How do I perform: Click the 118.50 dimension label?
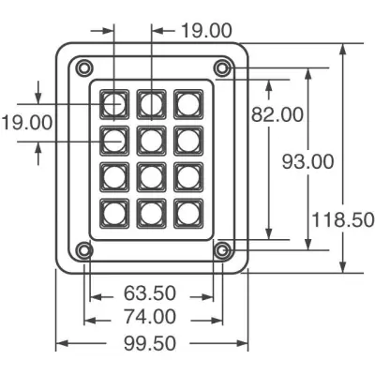(343, 219)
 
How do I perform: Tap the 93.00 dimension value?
(308, 162)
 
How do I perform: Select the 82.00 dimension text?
(277, 114)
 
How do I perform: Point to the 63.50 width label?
(150, 293)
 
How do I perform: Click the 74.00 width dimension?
(150, 317)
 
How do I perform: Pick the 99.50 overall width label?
(150, 343)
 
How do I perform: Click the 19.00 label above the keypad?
(206, 31)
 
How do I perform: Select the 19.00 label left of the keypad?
(27, 123)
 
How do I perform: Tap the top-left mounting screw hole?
(84, 67)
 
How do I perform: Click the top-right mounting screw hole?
(222, 67)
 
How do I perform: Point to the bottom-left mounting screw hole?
(84, 250)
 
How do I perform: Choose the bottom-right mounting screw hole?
(222, 250)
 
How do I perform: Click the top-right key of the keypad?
(188, 104)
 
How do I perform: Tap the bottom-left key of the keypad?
(114, 214)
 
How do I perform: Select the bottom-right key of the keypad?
(188, 214)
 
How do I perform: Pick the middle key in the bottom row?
(152, 214)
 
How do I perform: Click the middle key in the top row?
(152, 104)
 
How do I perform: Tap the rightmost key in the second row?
(188, 141)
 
